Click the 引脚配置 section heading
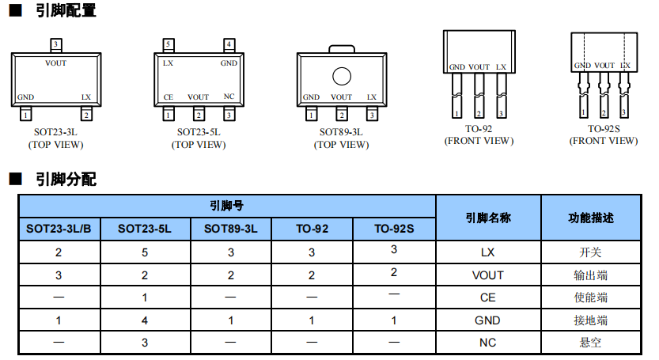click(x=65, y=11)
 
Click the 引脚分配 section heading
click(x=65, y=180)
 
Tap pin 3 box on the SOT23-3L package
click(x=55, y=44)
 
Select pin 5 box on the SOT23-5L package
click(x=168, y=44)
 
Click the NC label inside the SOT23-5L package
click(x=229, y=97)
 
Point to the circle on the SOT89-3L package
click(x=342, y=77)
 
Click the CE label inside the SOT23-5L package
click(x=168, y=97)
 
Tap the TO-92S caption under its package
click(x=603, y=128)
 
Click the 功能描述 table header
click(x=591, y=218)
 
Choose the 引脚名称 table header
click(x=488, y=218)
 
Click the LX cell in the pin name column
click(x=488, y=252)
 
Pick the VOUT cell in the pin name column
click(x=488, y=275)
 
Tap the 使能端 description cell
click(x=591, y=297)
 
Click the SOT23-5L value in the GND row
click(x=145, y=320)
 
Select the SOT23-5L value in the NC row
click(x=145, y=343)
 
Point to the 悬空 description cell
click(x=591, y=343)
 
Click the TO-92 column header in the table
click(x=312, y=229)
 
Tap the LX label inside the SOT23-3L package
click(x=86, y=97)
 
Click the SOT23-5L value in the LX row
click(x=145, y=252)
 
